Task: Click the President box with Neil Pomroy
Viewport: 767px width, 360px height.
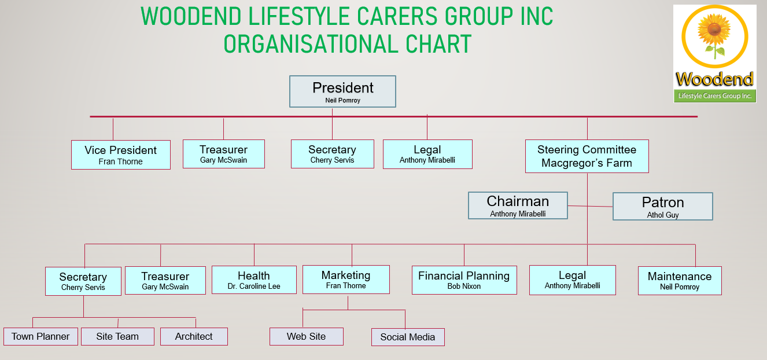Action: point(342,91)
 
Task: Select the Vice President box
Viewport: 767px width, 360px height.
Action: point(120,155)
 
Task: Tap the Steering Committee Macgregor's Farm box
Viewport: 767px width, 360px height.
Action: point(587,156)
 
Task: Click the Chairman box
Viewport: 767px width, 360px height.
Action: point(518,205)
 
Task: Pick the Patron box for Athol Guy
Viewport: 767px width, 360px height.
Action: point(662,206)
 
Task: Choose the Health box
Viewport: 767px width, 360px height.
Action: point(254,280)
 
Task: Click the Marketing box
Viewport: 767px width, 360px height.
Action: point(346,280)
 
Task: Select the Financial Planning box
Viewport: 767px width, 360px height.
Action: point(464,280)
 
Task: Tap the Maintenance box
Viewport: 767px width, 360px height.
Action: point(680,281)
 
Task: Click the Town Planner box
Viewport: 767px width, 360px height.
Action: point(40,336)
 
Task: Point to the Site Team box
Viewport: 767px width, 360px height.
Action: point(117,336)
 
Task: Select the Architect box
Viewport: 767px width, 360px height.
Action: point(194,336)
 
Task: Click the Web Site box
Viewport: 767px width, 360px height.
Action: point(306,336)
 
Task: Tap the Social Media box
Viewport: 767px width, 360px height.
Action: point(408,337)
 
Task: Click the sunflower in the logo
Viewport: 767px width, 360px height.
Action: point(714,34)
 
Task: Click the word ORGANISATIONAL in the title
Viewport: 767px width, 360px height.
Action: point(311,44)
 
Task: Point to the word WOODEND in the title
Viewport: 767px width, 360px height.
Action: point(191,16)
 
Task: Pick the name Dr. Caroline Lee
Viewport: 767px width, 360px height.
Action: point(254,286)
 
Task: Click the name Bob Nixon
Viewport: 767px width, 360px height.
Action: point(464,286)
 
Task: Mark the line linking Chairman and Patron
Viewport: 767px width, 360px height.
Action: point(590,206)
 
